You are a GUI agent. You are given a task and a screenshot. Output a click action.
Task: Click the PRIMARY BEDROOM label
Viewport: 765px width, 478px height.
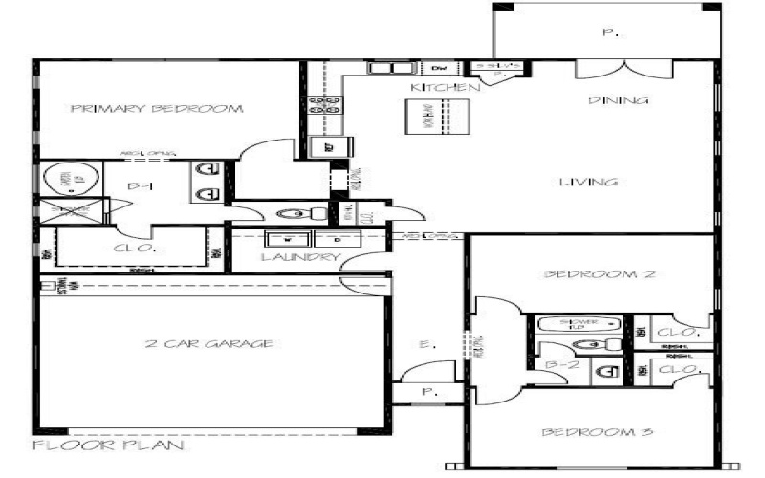[157, 109]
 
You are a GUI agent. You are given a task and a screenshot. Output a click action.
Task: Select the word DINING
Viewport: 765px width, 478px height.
[619, 99]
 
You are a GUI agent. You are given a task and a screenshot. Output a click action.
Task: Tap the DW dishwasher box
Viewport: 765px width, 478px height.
[440, 69]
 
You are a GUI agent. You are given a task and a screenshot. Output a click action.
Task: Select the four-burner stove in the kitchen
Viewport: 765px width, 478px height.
[326, 106]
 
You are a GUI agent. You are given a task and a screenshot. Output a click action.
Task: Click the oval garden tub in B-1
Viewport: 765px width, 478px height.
[66, 180]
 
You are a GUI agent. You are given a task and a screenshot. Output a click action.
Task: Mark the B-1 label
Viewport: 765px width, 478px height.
[141, 186]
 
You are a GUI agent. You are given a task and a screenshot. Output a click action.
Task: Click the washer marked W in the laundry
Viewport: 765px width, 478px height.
[284, 239]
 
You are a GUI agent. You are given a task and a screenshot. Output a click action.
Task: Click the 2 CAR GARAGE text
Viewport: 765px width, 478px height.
[210, 344]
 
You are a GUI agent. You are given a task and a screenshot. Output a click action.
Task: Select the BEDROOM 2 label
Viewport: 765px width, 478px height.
[600, 274]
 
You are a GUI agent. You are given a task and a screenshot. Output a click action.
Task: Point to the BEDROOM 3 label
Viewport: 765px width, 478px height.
[598, 432]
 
